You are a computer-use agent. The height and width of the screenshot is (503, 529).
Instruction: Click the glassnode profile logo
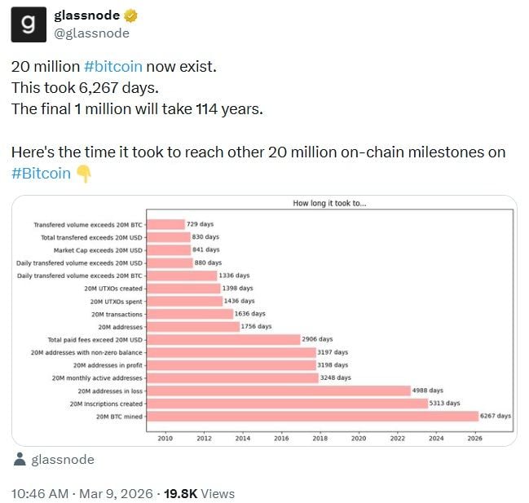29,24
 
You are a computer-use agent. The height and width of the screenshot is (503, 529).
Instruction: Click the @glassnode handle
90,33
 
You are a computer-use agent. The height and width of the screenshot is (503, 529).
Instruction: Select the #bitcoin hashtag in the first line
112,68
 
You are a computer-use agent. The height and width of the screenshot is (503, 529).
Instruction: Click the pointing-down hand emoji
83,173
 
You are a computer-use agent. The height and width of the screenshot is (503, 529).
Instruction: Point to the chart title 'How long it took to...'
329,203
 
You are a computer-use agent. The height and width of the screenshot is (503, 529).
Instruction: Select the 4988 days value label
428,390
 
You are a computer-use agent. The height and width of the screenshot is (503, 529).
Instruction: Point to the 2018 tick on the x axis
320,438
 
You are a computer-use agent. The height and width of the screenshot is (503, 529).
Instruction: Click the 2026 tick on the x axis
474,438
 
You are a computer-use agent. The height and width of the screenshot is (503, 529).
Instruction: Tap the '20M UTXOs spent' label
117,301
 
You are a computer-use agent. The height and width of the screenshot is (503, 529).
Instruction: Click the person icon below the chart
20,460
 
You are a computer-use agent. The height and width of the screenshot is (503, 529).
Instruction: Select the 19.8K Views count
199,493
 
